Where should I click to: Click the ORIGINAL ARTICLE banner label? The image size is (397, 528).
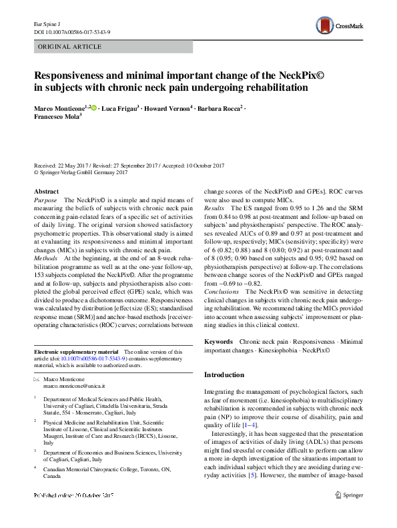click(x=69, y=47)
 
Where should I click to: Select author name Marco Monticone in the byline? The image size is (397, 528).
click(x=58, y=107)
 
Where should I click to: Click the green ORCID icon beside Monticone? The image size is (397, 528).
click(x=93, y=107)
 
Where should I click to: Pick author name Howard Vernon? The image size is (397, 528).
click(x=168, y=107)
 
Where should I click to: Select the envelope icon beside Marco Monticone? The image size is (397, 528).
click(x=37, y=378)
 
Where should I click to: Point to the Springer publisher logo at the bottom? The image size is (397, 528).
click(x=348, y=513)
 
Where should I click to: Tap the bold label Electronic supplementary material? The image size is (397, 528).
click(x=75, y=351)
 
